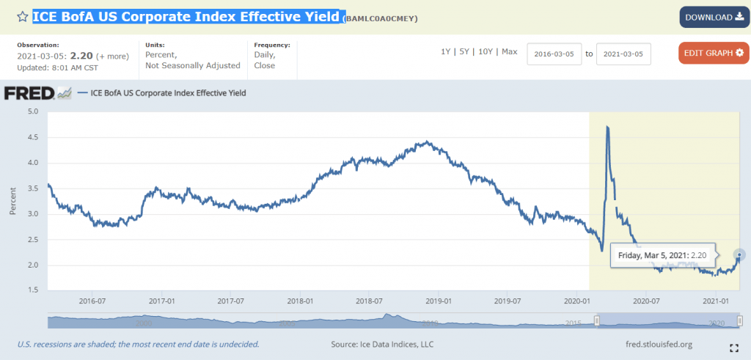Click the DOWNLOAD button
pos(714,17)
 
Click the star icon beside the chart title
pos(23,16)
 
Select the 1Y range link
pos(446,51)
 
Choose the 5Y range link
pos(464,51)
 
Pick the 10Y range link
pos(485,51)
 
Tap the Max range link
pos(509,51)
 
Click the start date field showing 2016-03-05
pos(554,54)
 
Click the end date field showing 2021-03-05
pos(623,54)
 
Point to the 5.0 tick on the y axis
pos(33,112)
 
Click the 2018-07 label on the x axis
pos(369,301)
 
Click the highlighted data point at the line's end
pos(740,254)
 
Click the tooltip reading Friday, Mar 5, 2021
pos(662,255)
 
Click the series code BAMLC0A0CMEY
pos(380,18)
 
